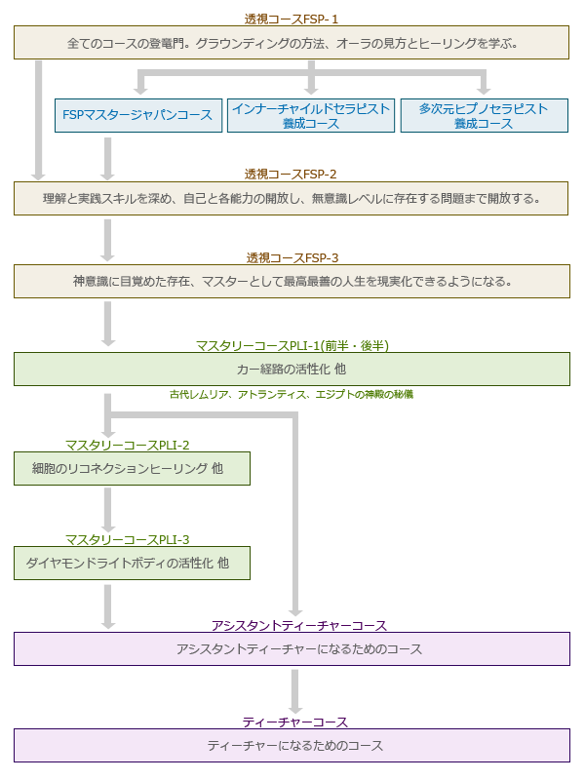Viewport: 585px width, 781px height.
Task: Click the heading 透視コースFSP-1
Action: (292, 18)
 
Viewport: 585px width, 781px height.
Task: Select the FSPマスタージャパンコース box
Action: (137, 115)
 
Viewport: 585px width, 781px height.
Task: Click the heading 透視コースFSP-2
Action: (292, 175)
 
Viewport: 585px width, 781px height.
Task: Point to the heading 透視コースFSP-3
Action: (292, 258)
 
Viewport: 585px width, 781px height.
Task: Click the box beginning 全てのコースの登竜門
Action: (292, 43)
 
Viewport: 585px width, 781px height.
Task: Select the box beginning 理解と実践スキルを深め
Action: (292, 199)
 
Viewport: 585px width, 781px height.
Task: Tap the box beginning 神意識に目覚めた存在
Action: (292, 281)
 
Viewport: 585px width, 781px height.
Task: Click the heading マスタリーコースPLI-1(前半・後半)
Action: (292, 345)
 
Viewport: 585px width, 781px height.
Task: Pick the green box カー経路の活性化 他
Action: (292, 370)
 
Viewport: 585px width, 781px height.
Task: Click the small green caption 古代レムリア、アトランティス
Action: (292, 395)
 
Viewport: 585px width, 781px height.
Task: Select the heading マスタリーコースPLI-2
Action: (128, 445)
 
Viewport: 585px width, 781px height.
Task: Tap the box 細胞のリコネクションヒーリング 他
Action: (132, 469)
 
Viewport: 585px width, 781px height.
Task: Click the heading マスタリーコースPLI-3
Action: (128, 539)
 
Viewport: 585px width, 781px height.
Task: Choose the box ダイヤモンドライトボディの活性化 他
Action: (132, 563)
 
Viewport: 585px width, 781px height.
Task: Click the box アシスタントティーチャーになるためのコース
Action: (292, 648)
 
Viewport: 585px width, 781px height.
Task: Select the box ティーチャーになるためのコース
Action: (292, 745)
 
